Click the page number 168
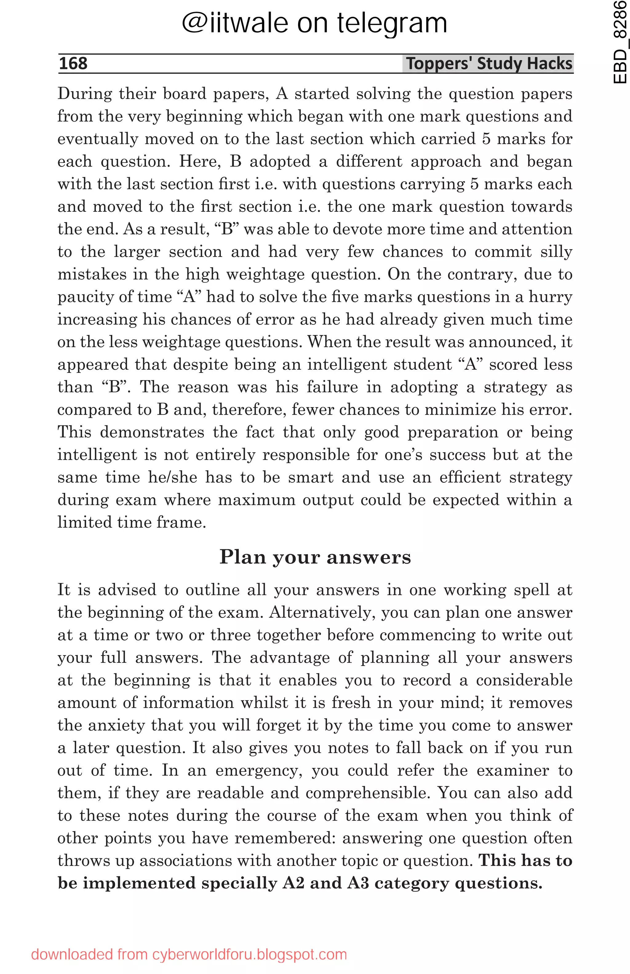[73, 63]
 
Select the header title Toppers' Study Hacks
[489, 63]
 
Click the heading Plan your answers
[315, 557]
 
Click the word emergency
[259, 771]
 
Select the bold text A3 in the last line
[358, 883]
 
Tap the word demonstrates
[152, 432]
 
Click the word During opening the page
[85, 94]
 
